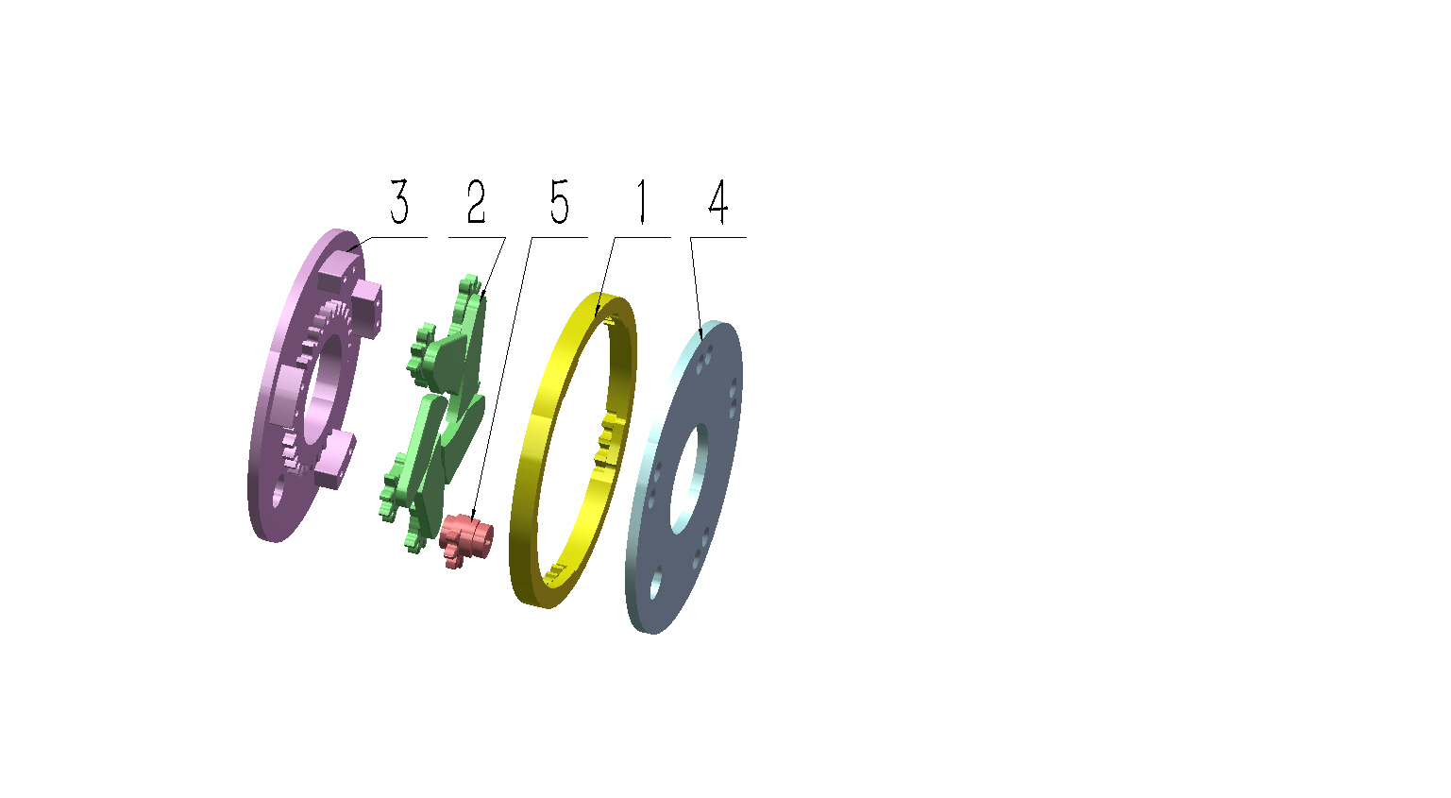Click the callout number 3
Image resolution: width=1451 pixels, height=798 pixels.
[x=399, y=202]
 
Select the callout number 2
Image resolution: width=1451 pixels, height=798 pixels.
[x=476, y=202]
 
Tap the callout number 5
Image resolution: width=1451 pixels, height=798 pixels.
[x=559, y=202]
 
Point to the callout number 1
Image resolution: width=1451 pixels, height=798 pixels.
[x=641, y=202]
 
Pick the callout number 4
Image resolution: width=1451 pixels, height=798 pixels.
[x=717, y=202]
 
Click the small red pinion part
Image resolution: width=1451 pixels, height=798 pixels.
[x=465, y=539]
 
